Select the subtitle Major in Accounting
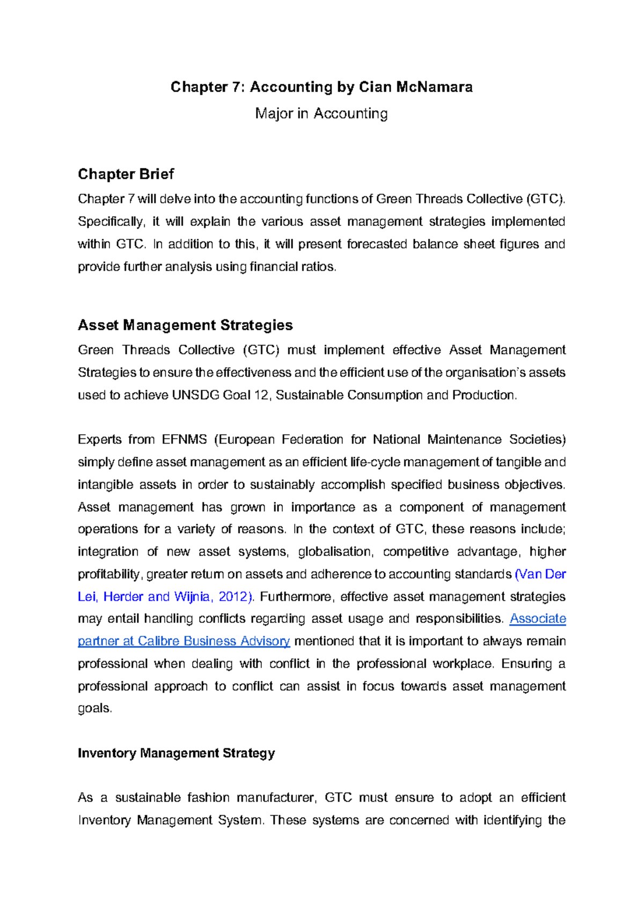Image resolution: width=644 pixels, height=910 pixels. (321, 114)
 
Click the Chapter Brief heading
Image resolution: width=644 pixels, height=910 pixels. (126, 174)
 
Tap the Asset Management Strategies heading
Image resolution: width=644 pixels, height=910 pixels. (185, 325)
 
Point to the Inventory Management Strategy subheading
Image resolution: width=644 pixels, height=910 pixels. (176, 753)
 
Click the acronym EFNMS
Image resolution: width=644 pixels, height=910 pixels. (184, 439)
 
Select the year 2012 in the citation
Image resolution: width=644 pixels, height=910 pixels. (235, 597)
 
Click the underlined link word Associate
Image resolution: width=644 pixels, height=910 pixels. (537, 619)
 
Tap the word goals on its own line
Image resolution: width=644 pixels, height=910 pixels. (94, 708)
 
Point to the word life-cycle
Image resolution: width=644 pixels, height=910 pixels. (375, 462)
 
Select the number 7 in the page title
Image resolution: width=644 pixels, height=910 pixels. (238, 87)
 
